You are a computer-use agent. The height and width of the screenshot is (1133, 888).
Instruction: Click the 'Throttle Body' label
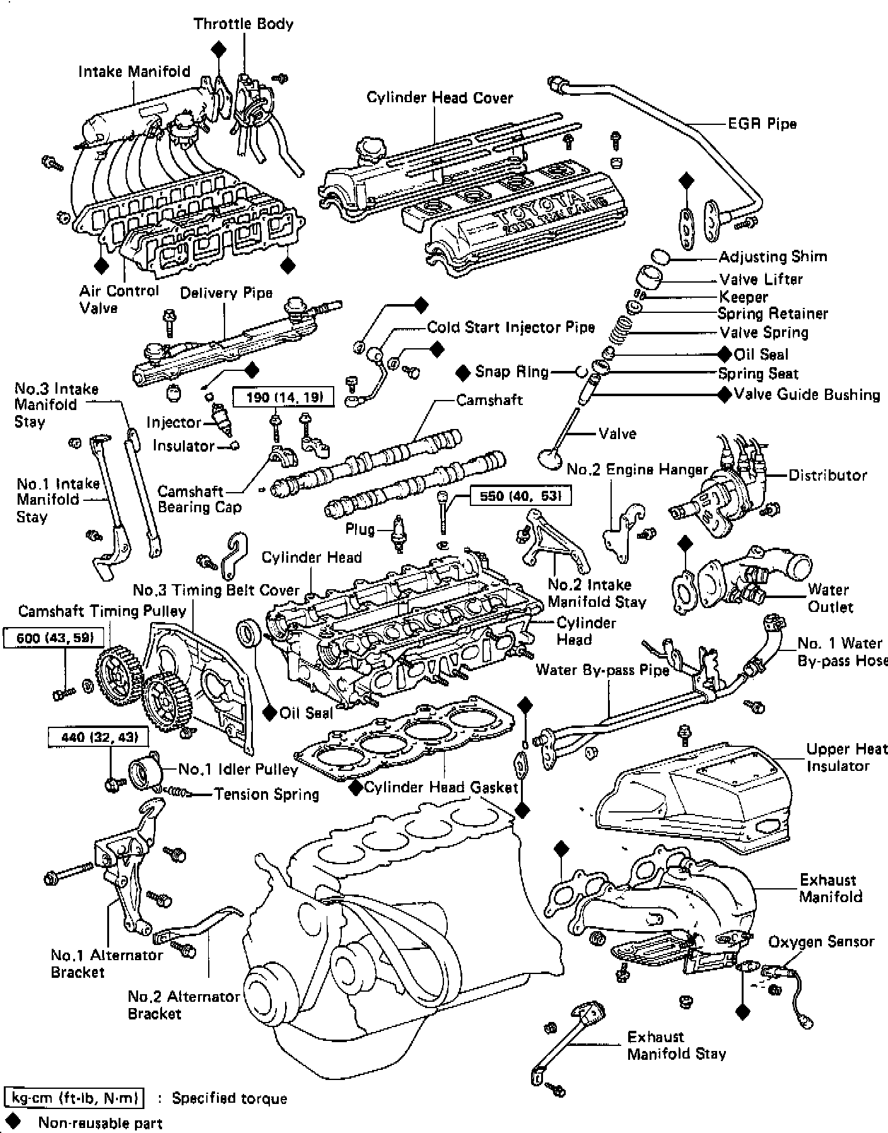pyautogui.click(x=243, y=24)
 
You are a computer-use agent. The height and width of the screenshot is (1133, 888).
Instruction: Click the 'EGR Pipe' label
pyautogui.click(x=762, y=124)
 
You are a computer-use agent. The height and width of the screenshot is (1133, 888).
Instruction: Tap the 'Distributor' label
pyautogui.click(x=827, y=475)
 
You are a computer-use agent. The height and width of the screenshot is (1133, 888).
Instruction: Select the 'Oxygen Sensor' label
pyautogui.click(x=821, y=942)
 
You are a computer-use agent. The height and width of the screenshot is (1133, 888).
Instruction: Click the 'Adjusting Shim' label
pyautogui.click(x=773, y=257)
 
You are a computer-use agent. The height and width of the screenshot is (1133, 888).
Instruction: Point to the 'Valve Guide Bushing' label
pyautogui.click(x=807, y=395)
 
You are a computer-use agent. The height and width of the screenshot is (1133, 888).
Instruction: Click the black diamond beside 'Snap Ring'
pyautogui.click(x=464, y=372)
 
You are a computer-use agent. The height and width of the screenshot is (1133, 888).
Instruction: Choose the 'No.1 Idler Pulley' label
pyautogui.click(x=238, y=769)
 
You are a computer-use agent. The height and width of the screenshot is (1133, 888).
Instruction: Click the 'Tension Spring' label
pyautogui.click(x=266, y=794)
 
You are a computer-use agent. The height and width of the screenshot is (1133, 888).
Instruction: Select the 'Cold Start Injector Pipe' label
pyautogui.click(x=511, y=327)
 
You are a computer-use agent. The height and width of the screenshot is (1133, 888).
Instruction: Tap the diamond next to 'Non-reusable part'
pyautogui.click(x=12, y=1122)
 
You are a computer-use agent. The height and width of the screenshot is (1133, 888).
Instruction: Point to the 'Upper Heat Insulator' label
pyautogui.click(x=846, y=757)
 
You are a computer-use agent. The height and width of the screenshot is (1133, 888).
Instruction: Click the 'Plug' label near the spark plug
pyautogui.click(x=359, y=529)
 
